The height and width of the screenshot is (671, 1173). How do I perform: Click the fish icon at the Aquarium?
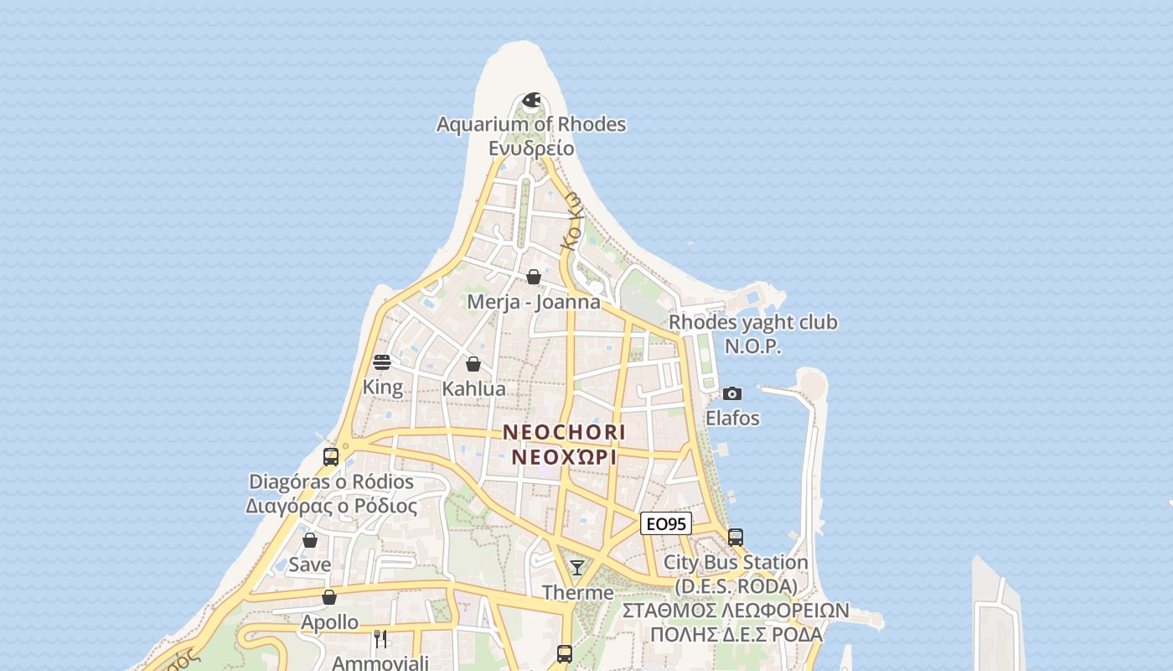(x=531, y=101)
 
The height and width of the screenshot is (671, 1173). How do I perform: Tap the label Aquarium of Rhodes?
(x=531, y=124)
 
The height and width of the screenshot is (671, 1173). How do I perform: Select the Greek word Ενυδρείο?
(x=531, y=148)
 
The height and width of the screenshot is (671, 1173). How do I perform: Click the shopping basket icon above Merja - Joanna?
(x=534, y=277)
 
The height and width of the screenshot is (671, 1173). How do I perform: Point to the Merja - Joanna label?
(x=534, y=302)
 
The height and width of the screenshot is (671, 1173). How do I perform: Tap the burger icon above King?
(x=382, y=362)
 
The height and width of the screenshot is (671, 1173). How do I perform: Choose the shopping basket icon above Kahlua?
(x=473, y=364)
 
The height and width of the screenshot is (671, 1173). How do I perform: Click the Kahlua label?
(x=473, y=388)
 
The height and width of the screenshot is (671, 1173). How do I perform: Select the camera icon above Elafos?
(x=732, y=393)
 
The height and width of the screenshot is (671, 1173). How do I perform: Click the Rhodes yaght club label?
(x=752, y=322)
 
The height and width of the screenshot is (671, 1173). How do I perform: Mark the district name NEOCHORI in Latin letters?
(x=564, y=432)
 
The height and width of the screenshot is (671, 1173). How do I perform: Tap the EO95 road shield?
(x=666, y=523)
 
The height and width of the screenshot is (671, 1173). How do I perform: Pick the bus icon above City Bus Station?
(x=736, y=537)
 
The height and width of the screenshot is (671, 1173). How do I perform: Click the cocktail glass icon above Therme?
(x=577, y=568)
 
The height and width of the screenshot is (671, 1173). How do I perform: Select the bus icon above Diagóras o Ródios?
(x=331, y=457)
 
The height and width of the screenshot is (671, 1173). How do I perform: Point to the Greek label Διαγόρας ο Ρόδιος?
(x=331, y=506)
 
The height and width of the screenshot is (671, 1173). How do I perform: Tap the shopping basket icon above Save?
(x=310, y=540)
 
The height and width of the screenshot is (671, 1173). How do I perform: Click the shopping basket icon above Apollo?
(x=329, y=597)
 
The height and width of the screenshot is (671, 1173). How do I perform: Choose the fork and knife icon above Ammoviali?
(x=380, y=638)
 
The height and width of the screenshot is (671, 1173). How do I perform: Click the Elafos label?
(x=732, y=418)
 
